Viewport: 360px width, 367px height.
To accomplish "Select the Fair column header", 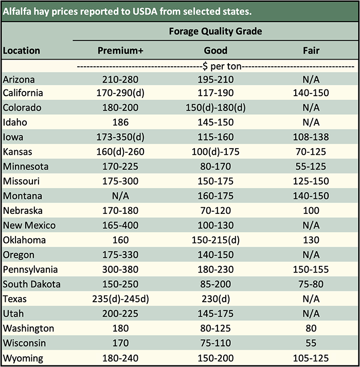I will click(x=311, y=50).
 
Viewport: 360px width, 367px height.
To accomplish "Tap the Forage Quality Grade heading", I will click(x=215, y=31).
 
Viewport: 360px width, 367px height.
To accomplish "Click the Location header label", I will click(x=22, y=50).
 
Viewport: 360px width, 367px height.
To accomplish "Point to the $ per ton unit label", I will click(x=215, y=66).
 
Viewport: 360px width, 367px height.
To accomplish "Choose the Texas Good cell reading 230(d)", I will click(x=215, y=299).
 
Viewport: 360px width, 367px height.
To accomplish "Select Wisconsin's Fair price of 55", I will click(x=311, y=343).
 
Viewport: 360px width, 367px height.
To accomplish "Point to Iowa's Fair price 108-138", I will click(x=311, y=137).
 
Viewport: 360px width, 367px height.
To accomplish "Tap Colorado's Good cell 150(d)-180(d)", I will click(x=215, y=108).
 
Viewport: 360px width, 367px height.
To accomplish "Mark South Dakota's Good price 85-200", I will click(x=215, y=284).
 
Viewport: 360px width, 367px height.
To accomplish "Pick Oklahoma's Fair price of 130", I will click(x=311, y=240).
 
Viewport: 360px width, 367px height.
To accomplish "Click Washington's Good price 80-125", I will click(x=215, y=328).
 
